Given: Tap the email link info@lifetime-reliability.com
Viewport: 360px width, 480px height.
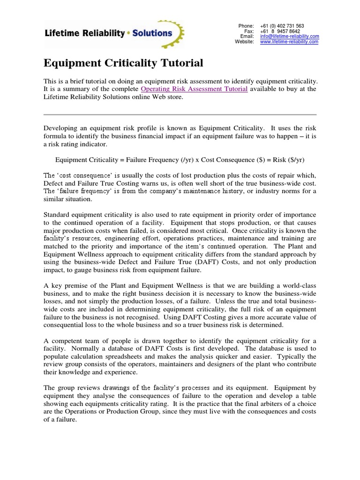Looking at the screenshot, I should pyautogui.click(x=289, y=36).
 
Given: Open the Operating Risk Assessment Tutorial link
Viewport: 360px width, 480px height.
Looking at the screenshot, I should pyautogui.click(x=194, y=89).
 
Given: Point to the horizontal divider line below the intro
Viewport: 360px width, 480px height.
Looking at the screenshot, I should pyautogui.click(x=180, y=114).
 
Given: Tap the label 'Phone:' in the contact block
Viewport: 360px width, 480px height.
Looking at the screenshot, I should pyautogui.click(x=246, y=26).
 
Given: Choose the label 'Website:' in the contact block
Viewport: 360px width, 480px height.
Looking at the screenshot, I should pyautogui.click(x=244, y=42).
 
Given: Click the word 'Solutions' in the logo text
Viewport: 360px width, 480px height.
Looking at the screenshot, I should pyautogui.click(x=151, y=33).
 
